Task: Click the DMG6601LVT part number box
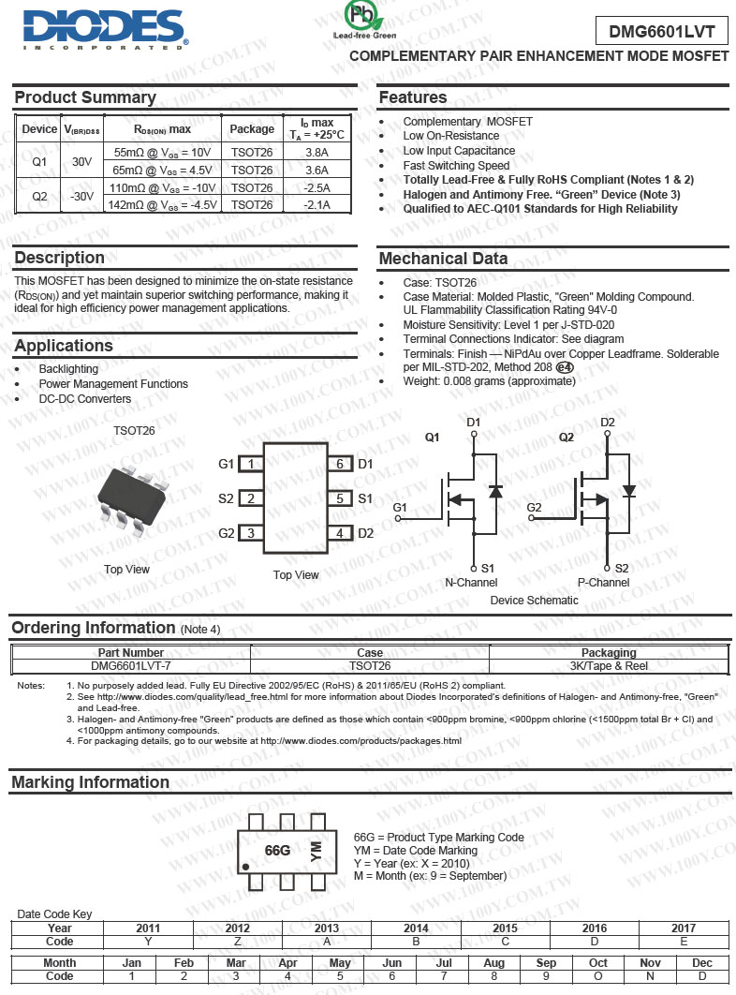(661, 31)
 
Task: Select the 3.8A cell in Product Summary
(316, 152)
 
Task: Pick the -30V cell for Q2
(82, 196)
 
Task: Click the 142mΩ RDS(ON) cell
(163, 204)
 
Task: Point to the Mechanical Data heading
(444, 259)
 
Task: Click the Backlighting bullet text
(68, 369)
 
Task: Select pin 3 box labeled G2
(251, 533)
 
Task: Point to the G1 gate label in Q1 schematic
(401, 508)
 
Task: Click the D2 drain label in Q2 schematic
(608, 423)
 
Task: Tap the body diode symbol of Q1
(495, 490)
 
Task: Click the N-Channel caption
(471, 583)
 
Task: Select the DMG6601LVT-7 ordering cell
(130, 666)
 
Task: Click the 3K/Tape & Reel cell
(609, 666)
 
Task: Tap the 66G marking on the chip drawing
(278, 851)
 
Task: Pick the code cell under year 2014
(416, 942)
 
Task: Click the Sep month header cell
(546, 963)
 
